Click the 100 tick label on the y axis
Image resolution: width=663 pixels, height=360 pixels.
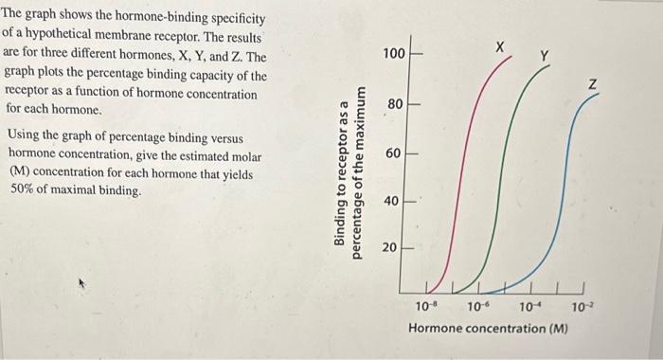tap(394, 54)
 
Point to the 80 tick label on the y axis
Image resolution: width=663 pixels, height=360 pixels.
tap(395, 103)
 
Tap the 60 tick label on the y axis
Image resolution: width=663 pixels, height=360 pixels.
tap(395, 153)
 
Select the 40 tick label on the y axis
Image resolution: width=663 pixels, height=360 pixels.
tap(395, 202)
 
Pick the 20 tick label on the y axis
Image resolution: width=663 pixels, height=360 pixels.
tap(395, 248)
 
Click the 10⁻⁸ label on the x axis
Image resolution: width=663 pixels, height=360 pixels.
tap(428, 307)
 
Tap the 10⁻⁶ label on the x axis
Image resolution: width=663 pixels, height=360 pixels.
tap(479, 307)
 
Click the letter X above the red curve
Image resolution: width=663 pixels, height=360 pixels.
tap(501, 46)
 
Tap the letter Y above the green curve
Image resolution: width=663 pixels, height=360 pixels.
tap(543, 56)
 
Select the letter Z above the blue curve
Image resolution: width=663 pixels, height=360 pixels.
tap(594, 86)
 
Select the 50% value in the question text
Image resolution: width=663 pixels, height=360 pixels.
tap(23, 190)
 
